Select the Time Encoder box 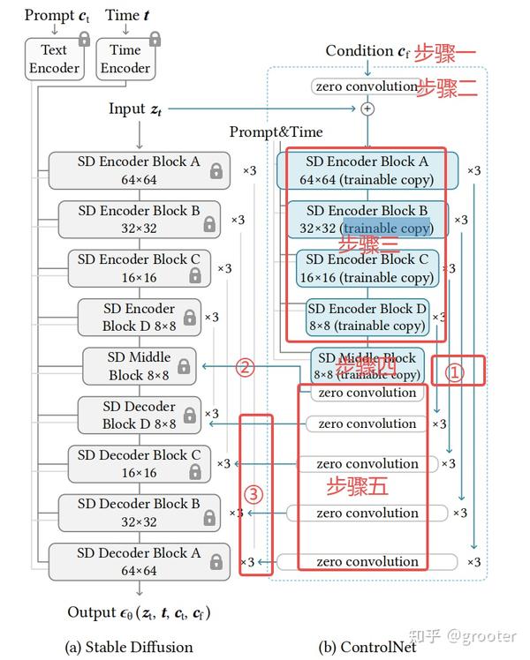point(125,59)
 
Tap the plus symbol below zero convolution point(368,109)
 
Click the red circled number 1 point(453,372)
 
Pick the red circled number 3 point(254,494)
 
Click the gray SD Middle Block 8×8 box point(140,366)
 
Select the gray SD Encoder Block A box point(139,170)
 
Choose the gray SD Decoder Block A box point(139,562)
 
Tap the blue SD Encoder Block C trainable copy point(367,268)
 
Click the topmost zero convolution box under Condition point(365,86)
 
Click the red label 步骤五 point(358,486)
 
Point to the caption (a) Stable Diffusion point(129,647)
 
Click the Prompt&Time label point(276,132)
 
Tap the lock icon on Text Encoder point(85,39)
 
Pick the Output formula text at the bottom point(140,612)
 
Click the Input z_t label point(135,109)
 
